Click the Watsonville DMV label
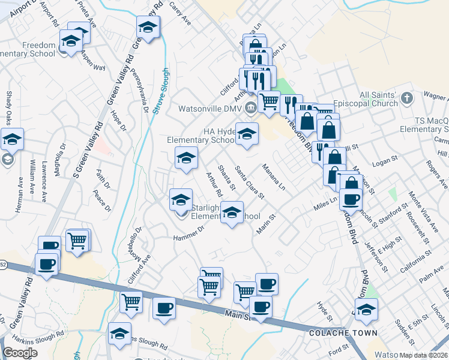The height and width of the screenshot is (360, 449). pyautogui.click(x=209, y=109)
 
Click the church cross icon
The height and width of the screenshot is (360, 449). pyautogui.click(x=407, y=98)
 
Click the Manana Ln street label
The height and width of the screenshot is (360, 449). pyautogui.click(x=273, y=178)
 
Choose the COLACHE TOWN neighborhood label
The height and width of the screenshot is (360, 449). pyautogui.click(x=343, y=332)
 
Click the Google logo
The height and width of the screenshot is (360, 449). pyautogui.click(x=20, y=353)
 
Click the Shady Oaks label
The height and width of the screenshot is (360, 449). pyautogui.click(x=9, y=106)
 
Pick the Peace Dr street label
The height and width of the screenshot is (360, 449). pyautogui.click(x=102, y=200)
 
